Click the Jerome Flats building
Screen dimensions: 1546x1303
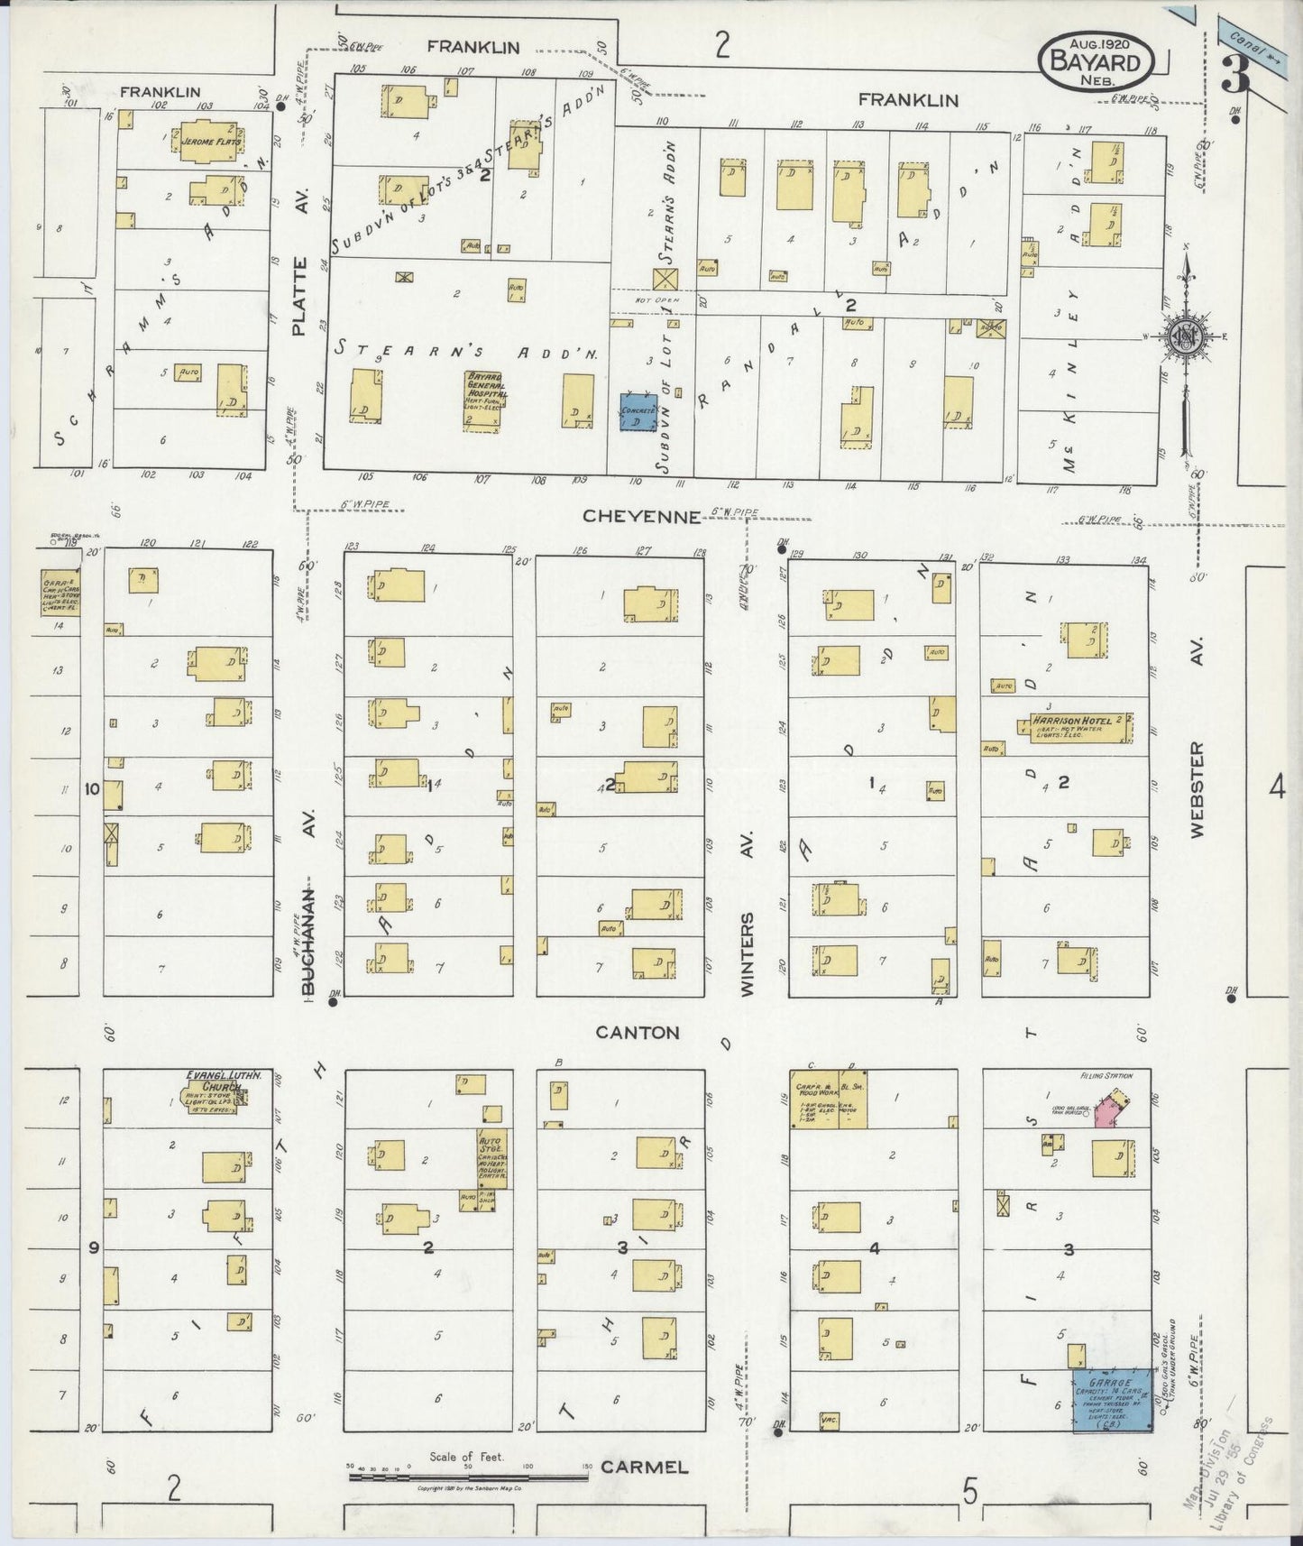[209, 143]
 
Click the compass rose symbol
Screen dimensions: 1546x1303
[1185, 336]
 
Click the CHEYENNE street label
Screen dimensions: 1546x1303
[642, 516]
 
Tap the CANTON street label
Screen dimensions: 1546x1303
[638, 1032]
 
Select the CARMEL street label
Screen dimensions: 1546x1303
[645, 1468]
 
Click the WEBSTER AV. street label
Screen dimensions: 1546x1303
[1197, 789]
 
